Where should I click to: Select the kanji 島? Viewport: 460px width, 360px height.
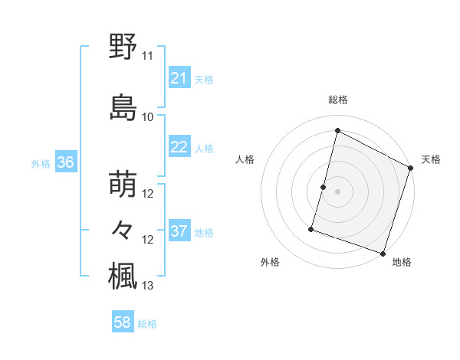tap(123, 107)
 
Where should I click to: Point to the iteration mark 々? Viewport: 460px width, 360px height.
tap(123, 230)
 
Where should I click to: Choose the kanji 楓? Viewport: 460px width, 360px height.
tap(123, 277)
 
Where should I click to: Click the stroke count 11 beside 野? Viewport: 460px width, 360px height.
tap(148, 56)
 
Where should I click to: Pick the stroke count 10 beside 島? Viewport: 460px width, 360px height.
tap(148, 117)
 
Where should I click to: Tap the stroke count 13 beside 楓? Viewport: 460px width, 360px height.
tap(148, 286)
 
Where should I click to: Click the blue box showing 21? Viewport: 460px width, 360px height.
tap(179, 78)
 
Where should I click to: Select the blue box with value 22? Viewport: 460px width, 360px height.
tap(179, 147)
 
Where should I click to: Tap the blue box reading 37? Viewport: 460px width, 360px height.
tap(179, 231)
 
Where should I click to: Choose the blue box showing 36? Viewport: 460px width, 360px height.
tap(65, 162)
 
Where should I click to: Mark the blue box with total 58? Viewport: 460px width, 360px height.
tap(122, 322)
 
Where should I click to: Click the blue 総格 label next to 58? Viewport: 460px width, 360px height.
tap(147, 324)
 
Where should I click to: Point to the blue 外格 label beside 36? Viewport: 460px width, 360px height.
tap(41, 163)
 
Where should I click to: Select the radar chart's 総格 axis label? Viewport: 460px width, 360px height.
tap(338, 100)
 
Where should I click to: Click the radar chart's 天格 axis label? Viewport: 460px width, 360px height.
tap(431, 159)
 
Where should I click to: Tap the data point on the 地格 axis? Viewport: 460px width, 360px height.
tap(383, 253)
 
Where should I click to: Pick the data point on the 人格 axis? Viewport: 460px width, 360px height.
tap(324, 187)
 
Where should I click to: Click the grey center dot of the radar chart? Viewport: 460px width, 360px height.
tap(338, 191)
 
